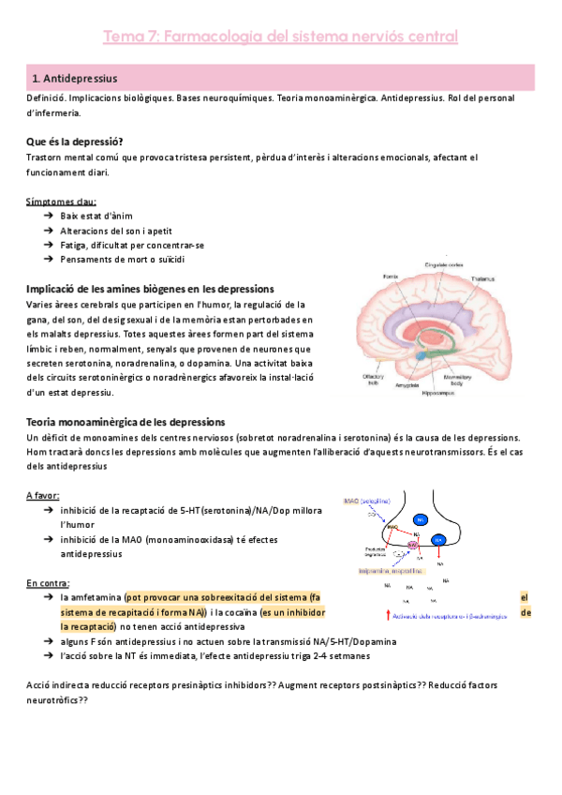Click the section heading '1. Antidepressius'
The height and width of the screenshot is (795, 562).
tap(81, 78)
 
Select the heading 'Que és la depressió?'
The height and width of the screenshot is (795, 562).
tap(75, 142)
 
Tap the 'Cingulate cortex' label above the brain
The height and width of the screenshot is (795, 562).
tap(442, 264)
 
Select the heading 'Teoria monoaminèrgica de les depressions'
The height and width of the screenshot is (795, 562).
tap(126, 423)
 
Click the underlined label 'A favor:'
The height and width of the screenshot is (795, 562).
tap(43, 495)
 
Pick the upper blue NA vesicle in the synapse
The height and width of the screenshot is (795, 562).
tap(421, 519)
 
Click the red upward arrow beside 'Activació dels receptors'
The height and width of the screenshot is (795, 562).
tap(389, 616)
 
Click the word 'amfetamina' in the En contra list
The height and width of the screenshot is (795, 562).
tap(97, 596)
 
